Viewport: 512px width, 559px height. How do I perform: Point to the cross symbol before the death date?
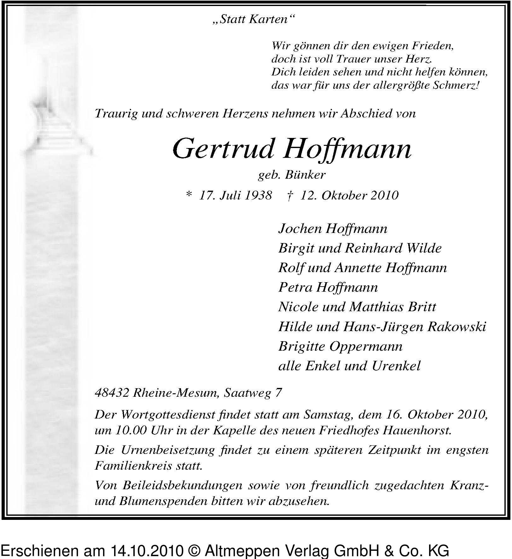(x=289, y=196)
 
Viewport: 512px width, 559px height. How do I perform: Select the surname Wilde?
(x=424, y=248)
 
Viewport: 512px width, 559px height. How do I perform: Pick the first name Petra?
(x=295, y=288)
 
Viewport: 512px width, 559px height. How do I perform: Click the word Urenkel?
(x=396, y=366)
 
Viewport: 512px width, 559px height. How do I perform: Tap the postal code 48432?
(x=112, y=393)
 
